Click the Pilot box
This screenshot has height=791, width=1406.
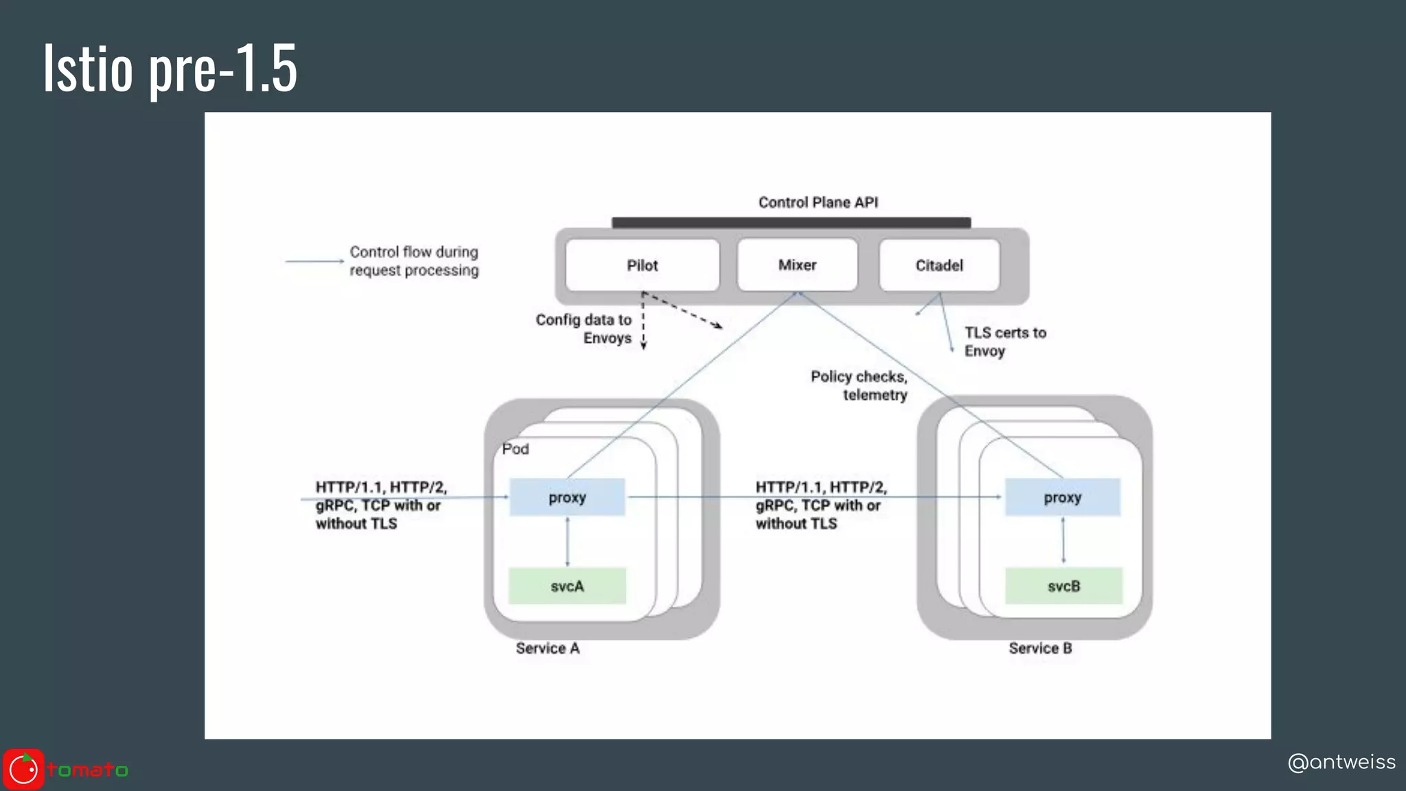click(x=642, y=265)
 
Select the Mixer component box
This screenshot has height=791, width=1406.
click(x=797, y=265)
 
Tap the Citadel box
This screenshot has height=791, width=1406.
click(x=939, y=265)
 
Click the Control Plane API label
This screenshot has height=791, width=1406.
click(x=818, y=203)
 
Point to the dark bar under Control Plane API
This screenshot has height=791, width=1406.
click(x=791, y=222)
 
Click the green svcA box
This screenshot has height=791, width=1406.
click(x=567, y=586)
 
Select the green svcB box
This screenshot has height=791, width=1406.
click(x=1063, y=586)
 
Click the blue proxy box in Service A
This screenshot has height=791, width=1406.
click(x=567, y=497)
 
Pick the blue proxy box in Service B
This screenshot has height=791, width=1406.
click(x=1062, y=497)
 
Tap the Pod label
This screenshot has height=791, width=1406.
click(x=515, y=449)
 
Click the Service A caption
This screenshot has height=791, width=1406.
click(x=547, y=648)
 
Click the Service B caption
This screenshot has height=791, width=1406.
click(x=1040, y=648)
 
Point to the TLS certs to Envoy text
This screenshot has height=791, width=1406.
click(x=1004, y=342)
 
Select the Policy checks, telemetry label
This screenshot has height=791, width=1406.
click(x=860, y=385)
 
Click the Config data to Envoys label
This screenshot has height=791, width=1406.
click(x=584, y=329)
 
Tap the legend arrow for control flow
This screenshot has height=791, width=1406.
click(x=314, y=261)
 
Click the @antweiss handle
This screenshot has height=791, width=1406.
click(x=1341, y=762)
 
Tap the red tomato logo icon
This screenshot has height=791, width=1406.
click(x=23, y=770)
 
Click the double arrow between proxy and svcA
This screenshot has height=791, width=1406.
click(x=567, y=541)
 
